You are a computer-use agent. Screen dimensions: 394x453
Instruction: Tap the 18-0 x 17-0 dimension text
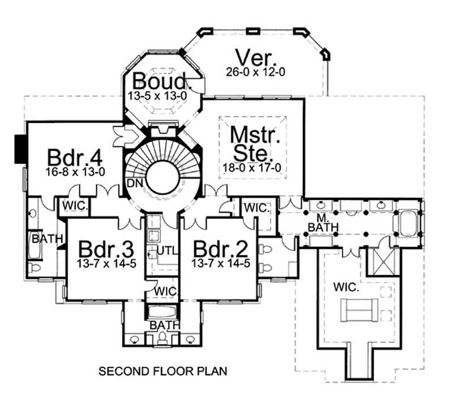tap(252, 168)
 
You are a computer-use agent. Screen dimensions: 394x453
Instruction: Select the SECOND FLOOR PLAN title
tap(163, 372)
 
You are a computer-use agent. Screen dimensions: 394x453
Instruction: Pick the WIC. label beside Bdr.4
tap(74, 205)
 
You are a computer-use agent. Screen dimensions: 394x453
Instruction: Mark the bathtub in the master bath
tap(408, 224)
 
